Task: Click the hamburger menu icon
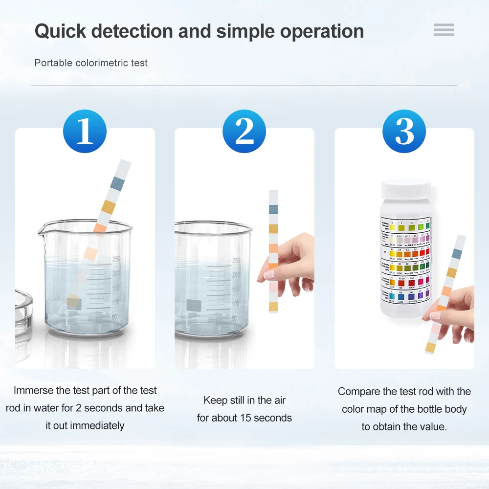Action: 444,30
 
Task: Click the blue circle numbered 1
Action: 85,131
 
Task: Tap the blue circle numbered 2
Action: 244,131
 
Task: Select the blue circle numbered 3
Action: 404,131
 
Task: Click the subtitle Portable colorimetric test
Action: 91,63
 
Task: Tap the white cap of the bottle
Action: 406,191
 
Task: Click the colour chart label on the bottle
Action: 405,259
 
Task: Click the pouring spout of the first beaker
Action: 44,227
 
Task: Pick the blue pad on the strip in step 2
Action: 273,209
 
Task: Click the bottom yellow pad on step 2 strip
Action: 273,307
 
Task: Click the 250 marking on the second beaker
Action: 236,260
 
